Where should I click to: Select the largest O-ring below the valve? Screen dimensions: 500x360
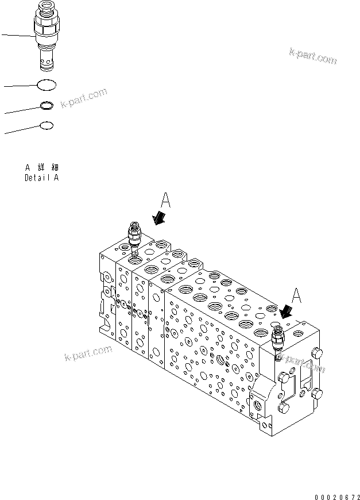[x=47, y=85]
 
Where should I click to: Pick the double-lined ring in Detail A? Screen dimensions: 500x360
[x=47, y=106]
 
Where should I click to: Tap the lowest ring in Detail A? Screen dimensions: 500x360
[x=47, y=125]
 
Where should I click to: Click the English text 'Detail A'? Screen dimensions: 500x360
[x=41, y=178]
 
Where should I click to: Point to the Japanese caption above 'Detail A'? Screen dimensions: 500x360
[x=41, y=167]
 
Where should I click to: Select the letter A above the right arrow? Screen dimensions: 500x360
[x=297, y=295]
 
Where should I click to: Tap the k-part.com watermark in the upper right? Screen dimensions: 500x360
[x=312, y=55]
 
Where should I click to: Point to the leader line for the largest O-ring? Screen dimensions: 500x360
[x=20, y=86]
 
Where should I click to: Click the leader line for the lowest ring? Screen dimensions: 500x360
[x=22, y=129]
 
